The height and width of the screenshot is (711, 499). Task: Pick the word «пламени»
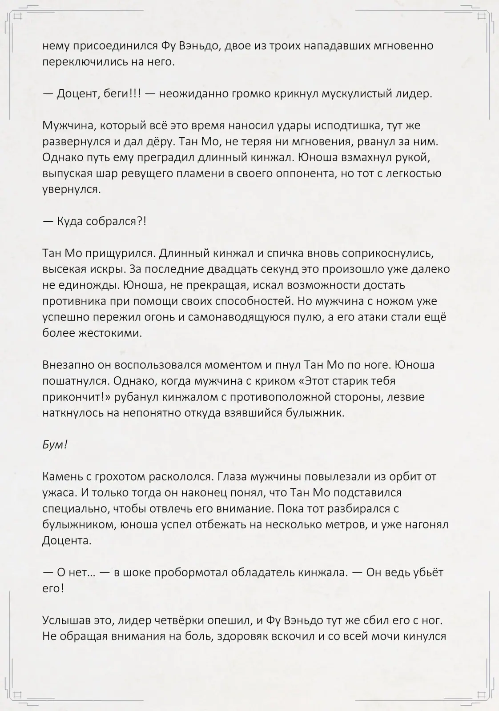click(x=199, y=174)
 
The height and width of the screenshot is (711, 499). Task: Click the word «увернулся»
click(x=70, y=190)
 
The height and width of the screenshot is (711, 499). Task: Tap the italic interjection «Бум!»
click(x=55, y=445)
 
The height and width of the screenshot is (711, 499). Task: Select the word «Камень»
click(x=61, y=477)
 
